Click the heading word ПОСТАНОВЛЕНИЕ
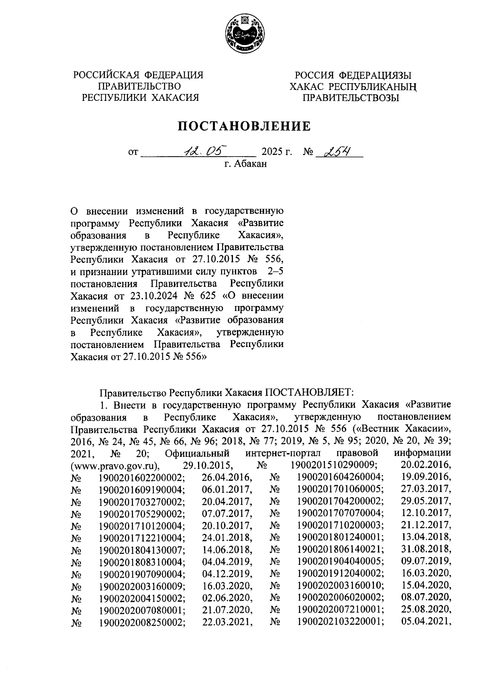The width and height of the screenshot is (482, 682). tap(244, 127)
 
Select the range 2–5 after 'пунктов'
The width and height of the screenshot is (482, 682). tap(275, 272)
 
